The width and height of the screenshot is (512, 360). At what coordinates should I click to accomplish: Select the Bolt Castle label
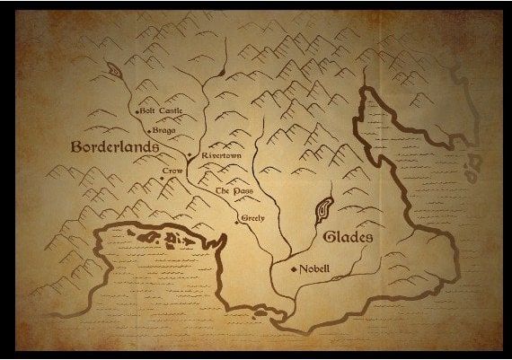click(x=162, y=111)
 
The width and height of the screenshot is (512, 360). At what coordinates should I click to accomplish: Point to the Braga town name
click(x=164, y=129)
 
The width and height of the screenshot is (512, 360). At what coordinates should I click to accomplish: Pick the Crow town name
click(x=172, y=171)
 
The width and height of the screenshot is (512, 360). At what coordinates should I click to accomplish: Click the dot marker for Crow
click(x=161, y=179)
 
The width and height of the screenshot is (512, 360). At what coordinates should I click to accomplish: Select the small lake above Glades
click(x=322, y=208)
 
